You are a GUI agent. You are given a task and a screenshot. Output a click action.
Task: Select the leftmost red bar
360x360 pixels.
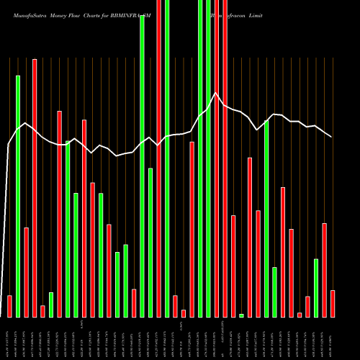pyautogui.click(x=9, y=306)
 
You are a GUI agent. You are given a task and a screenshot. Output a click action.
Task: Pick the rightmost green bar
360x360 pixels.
pyautogui.click(x=316, y=288)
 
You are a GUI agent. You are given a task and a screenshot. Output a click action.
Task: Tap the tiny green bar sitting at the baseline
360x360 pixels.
pyautogui.click(x=241, y=315)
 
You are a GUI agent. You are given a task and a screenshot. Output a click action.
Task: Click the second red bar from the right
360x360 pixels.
pyautogui.click(x=324, y=270)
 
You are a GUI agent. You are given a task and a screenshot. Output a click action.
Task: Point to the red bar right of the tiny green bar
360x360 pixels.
pyautogui.click(x=250, y=238)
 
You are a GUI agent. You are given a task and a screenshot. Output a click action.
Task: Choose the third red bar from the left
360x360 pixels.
pyautogui.click(x=35, y=188)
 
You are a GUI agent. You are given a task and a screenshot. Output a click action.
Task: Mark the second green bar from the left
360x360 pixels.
pyautogui.click(x=51, y=305)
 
